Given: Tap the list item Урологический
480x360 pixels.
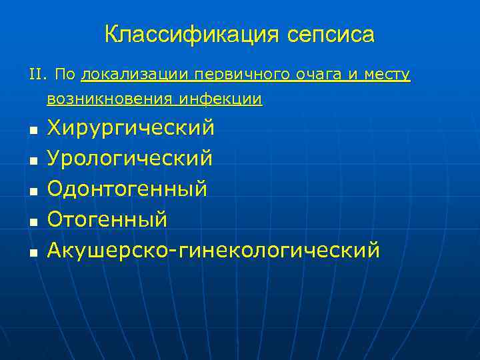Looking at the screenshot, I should [x=130, y=158].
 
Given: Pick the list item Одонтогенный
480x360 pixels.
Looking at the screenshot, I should [x=127, y=189].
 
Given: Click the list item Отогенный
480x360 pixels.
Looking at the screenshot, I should [x=107, y=219].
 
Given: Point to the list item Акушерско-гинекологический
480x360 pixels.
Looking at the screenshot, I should [x=213, y=250].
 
